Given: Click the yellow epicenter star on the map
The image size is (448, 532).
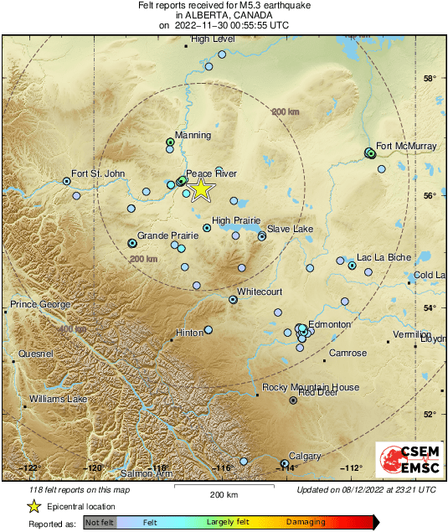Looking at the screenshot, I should pyautogui.click(x=201, y=189).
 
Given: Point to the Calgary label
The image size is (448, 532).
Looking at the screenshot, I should pyautogui.click(x=305, y=456).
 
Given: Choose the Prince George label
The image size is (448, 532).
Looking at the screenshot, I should pyautogui.click(x=38, y=303).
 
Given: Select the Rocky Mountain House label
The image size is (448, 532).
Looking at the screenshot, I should pyautogui.click(x=311, y=387).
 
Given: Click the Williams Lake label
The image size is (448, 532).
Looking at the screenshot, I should pyautogui.click(x=59, y=399).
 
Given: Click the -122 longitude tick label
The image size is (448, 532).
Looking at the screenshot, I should pyautogui.click(x=30, y=467).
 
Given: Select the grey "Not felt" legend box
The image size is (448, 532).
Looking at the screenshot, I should pyautogui.click(x=100, y=523).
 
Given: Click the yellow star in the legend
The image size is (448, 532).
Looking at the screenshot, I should pyautogui.click(x=34, y=506).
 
